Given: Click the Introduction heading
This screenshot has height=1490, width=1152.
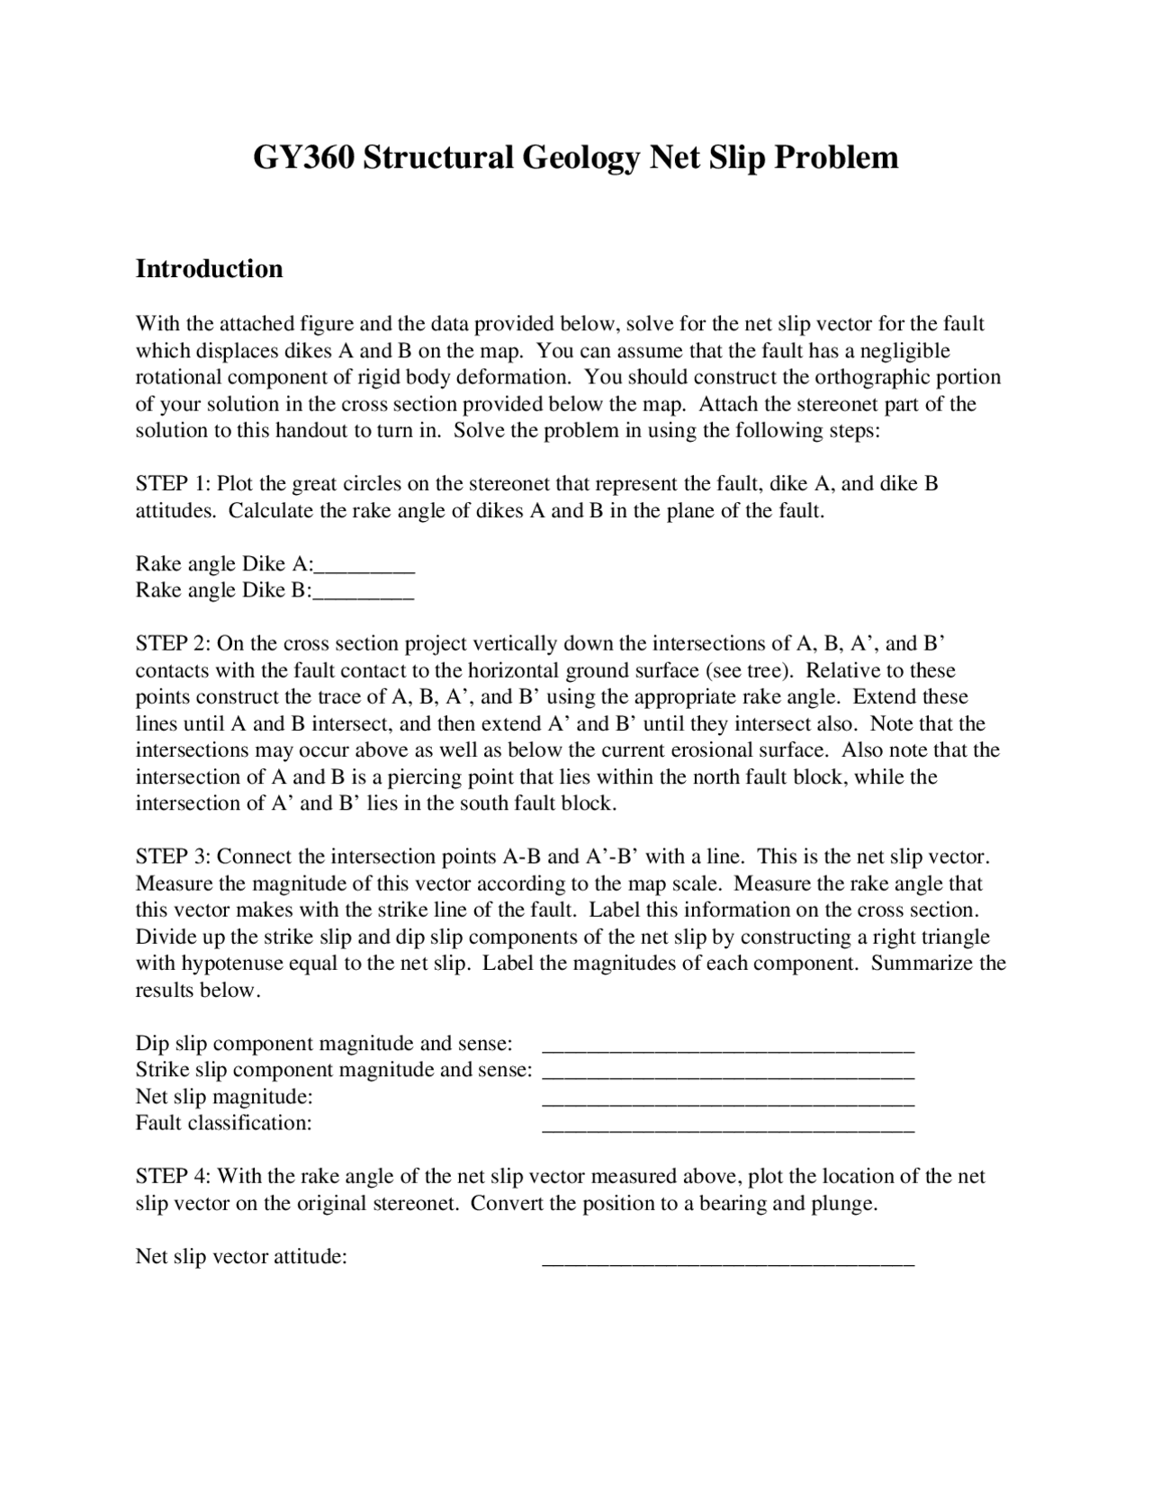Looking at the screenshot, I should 209,269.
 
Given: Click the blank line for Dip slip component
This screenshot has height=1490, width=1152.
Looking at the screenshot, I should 728,1046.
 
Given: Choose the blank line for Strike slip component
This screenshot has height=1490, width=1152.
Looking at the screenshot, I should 728,1073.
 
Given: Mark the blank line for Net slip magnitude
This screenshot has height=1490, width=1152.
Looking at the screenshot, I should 728,1100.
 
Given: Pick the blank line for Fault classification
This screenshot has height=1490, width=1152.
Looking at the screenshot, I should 728,1126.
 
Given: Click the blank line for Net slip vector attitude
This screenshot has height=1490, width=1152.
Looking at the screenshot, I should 728,1260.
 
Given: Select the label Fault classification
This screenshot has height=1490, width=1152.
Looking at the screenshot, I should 223,1123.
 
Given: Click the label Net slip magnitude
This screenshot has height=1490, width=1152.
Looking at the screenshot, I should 224,1097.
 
